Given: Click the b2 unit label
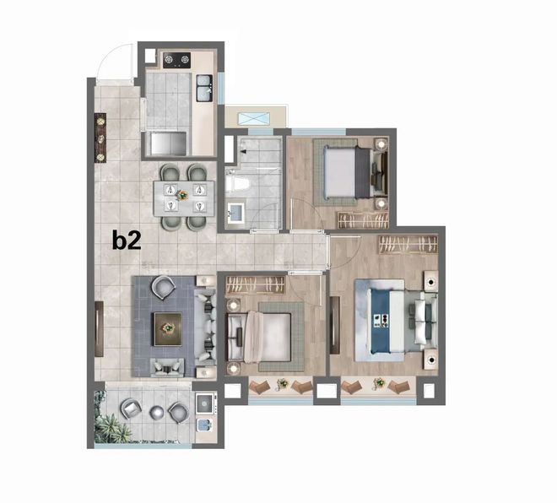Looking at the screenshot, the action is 127,241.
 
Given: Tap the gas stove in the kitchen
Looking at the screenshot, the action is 176,60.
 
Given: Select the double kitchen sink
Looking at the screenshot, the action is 204,88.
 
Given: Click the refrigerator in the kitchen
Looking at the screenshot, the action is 168,143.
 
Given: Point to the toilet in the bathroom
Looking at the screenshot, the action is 236,184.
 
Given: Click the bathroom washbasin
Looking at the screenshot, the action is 235,212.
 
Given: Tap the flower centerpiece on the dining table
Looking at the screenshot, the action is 182,195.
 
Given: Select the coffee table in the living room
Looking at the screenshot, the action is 168,329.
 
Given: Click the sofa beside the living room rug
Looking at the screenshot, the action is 205,327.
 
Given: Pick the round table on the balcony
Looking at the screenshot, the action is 157,413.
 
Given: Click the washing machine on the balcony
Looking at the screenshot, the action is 206,403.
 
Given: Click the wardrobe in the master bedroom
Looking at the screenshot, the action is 408,245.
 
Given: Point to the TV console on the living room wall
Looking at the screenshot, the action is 99,329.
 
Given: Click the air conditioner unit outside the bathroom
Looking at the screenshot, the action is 254,118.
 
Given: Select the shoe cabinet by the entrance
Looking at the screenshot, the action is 100,138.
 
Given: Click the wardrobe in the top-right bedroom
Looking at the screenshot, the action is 363,220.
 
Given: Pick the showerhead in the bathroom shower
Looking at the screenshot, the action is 244,152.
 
